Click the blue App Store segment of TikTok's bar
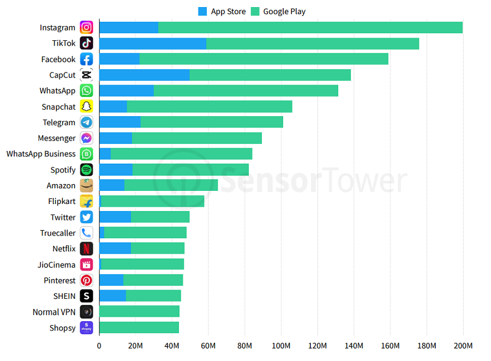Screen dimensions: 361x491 153,44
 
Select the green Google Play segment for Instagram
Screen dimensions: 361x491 310,28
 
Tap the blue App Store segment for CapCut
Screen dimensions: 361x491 144,75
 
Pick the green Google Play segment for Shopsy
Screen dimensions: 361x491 139,328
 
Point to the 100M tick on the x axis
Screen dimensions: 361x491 281,346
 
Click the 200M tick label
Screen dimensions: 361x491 463,346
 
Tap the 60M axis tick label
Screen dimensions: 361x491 208,346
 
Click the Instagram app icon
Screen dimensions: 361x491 86,28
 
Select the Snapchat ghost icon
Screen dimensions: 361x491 86,107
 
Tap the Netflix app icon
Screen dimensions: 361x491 86,249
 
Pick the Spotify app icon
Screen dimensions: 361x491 86,170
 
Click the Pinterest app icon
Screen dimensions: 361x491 86,280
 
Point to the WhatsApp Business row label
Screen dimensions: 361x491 41,154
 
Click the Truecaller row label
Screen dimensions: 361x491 58,233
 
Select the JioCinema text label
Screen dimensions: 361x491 57,264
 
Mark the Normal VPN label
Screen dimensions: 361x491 54,312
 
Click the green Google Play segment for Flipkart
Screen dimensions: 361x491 153,201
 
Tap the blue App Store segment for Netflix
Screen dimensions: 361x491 115,249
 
